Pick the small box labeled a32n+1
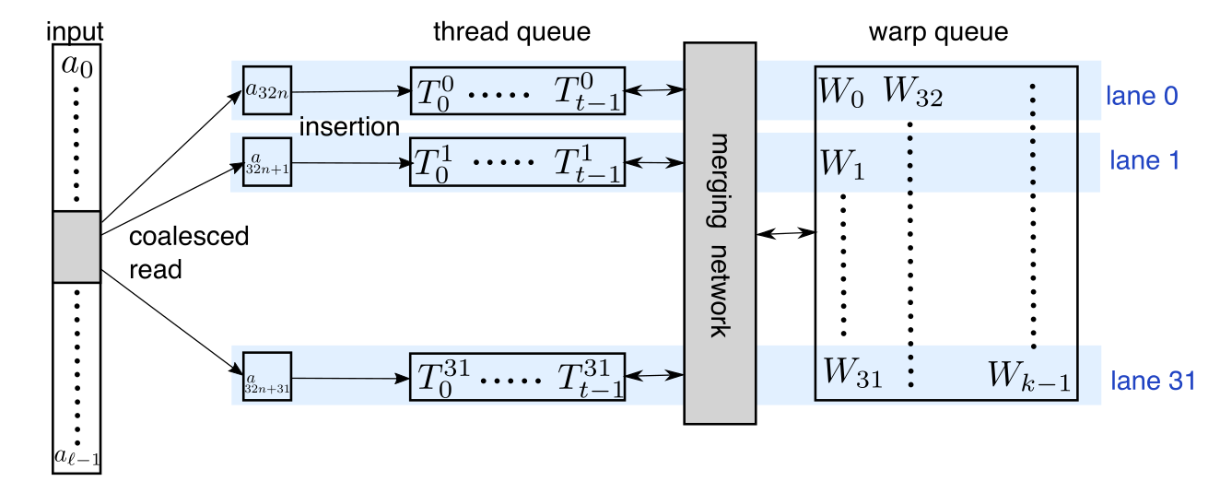point(267,162)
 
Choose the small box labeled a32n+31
point(267,378)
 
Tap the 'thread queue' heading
point(511,32)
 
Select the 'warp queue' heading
point(938,32)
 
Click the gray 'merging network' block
point(719,233)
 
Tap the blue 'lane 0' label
point(1142,96)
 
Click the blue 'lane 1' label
point(1142,161)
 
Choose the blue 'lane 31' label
point(1152,380)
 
